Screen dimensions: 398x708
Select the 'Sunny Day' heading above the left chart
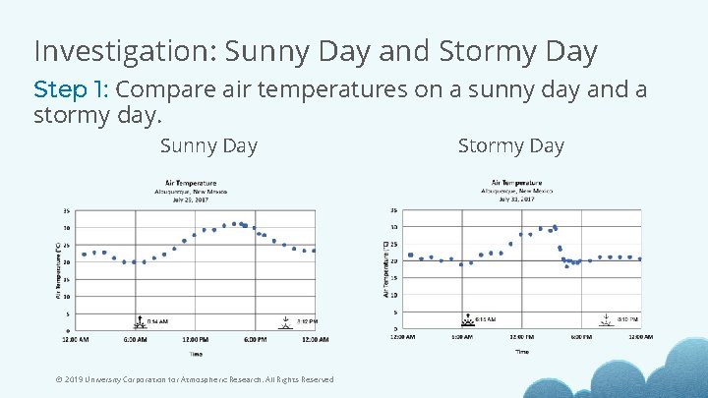(208, 146)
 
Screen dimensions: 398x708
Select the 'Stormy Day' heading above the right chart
(510, 146)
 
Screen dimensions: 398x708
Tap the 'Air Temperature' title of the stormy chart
(516, 182)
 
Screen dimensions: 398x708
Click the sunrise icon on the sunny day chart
(139, 321)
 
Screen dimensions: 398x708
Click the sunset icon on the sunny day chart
(285, 321)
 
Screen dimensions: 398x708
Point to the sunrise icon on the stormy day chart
(467, 320)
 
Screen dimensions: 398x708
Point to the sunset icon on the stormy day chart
(608, 320)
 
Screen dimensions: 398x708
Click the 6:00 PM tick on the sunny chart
(255, 340)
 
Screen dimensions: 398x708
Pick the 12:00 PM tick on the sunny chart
(194, 340)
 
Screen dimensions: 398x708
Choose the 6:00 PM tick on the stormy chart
(580, 337)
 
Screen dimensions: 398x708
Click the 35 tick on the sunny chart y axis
(66, 210)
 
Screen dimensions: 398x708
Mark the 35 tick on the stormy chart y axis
(393, 209)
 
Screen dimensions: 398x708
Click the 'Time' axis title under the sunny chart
(197, 354)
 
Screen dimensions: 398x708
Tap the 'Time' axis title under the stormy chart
(521, 351)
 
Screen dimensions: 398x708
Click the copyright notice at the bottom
(195, 379)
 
